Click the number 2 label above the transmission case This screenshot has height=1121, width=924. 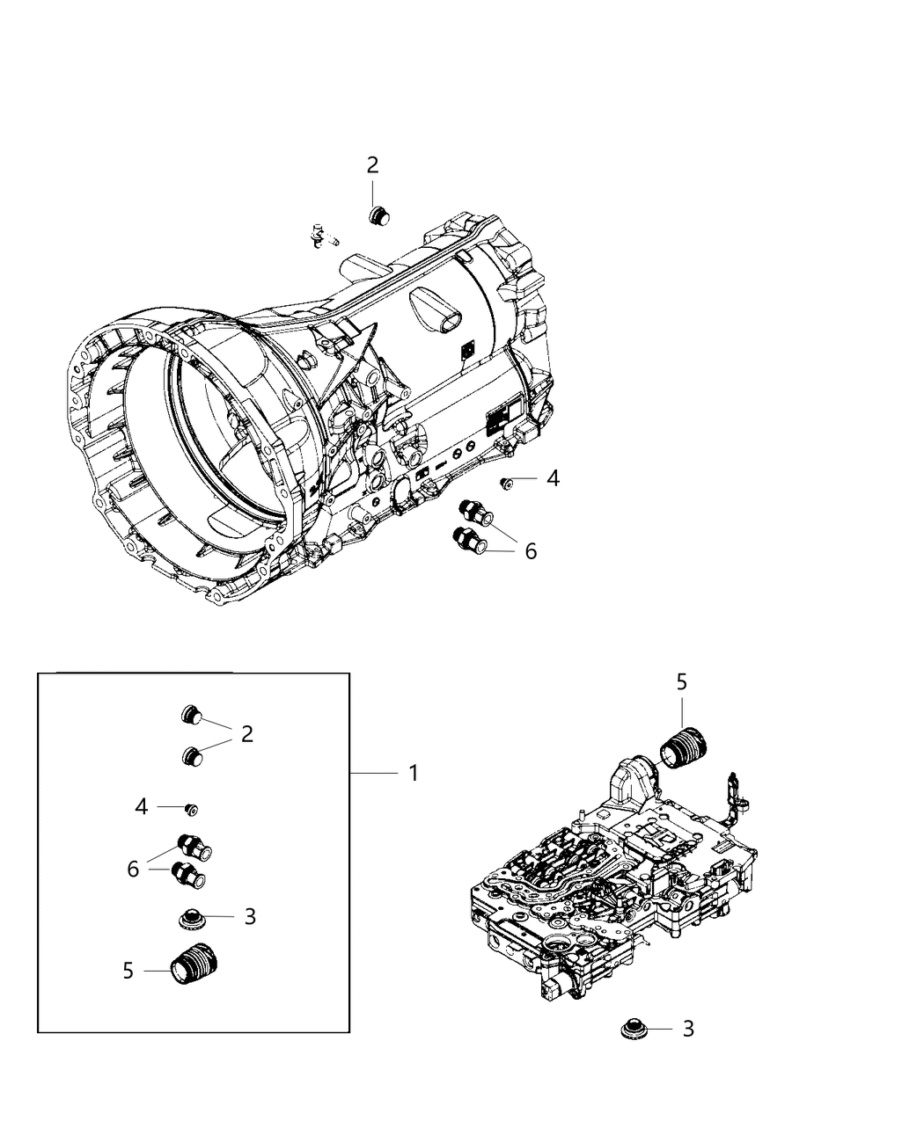pos(372,164)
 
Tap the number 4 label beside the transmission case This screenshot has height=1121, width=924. pos(553,478)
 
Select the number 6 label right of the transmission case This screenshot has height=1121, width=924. pos(531,551)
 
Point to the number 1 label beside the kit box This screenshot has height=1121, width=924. pos(412,773)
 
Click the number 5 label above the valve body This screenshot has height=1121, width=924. pos(682,681)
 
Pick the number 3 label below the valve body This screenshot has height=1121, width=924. pos(688,1028)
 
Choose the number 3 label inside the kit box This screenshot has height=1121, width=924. pos(250,916)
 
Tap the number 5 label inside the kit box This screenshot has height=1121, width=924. pos(128,971)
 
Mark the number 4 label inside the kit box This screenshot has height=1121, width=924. pos(142,806)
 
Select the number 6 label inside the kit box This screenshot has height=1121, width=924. pos(133,869)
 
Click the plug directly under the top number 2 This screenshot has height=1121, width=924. pos(379,216)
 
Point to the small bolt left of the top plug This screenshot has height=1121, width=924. pos(323,237)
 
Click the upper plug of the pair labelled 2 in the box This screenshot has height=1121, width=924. pos(192,716)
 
